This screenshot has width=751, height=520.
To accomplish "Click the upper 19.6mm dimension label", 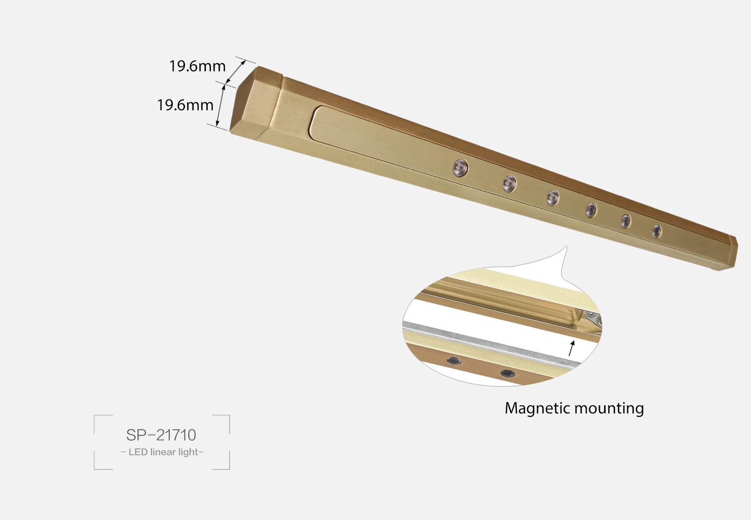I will pyautogui.click(x=197, y=66).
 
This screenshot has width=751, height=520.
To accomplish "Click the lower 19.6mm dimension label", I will pyautogui.click(x=185, y=105).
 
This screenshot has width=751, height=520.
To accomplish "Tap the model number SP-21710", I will pyautogui.click(x=161, y=435).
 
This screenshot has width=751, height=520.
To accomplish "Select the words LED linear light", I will pyautogui.click(x=162, y=452).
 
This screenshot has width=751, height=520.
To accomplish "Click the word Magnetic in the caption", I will pyautogui.click(x=537, y=408).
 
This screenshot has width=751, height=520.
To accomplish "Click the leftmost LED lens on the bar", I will pyautogui.click(x=460, y=168).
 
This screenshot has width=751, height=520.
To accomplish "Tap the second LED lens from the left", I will pyautogui.click(x=509, y=183).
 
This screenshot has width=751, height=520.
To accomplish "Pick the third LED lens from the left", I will pyautogui.click(x=552, y=198).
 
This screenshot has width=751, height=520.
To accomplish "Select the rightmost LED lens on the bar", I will pyautogui.click(x=656, y=231).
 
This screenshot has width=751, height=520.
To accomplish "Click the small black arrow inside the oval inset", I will pyautogui.click(x=572, y=348).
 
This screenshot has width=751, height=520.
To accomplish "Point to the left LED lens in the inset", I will pyautogui.click(x=453, y=360).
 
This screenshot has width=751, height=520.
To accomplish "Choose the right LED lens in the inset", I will pyautogui.click(x=507, y=374).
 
